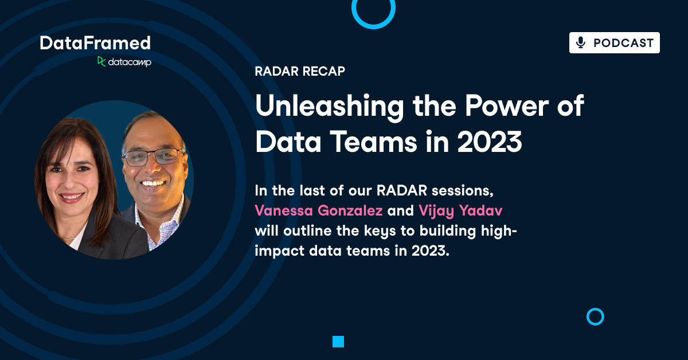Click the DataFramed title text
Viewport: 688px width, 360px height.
pos(95,43)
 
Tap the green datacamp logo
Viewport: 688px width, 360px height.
pos(124,62)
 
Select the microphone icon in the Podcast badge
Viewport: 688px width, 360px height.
pos(581,43)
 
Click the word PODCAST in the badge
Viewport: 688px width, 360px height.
pos(623,43)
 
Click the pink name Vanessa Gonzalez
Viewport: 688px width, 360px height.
pos(319,210)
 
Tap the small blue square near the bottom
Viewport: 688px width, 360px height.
pos(338,342)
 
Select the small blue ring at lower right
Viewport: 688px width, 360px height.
pos(595,316)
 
